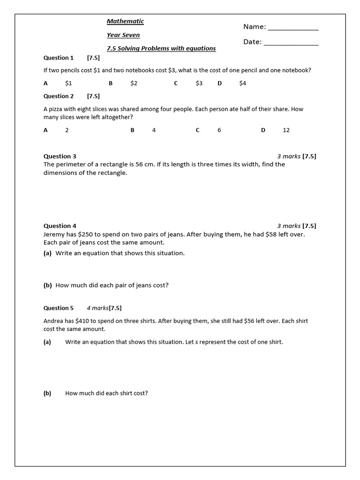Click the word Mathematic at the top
(125, 21)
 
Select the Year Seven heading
(123, 35)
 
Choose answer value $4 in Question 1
(242, 83)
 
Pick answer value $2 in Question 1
(134, 83)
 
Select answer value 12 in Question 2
(286, 130)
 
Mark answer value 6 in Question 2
(219, 130)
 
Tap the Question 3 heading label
(60, 156)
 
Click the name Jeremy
(55, 234)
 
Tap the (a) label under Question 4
(47, 253)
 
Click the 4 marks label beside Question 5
(97, 308)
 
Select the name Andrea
(54, 321)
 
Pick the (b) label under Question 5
(47, 393)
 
